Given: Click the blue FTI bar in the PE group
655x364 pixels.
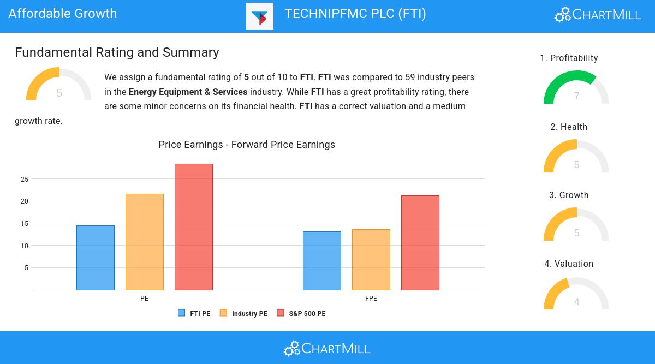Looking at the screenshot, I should pos(96,258).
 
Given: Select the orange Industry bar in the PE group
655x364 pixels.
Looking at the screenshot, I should pos(145,242).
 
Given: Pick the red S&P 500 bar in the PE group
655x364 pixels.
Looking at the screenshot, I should pos(194,227).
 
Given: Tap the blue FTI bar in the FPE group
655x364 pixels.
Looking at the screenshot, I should pos(322,261).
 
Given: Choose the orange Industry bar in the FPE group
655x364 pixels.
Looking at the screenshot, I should pos(371,260).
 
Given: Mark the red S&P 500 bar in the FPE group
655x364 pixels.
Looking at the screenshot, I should pos(420,243).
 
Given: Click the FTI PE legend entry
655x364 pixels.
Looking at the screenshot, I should pos(194,313).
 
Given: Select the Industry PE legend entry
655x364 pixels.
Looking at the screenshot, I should pos(243,313).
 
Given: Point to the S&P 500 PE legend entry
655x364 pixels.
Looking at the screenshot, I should pos(301,313).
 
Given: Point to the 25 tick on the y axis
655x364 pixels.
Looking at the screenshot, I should pos(25,179).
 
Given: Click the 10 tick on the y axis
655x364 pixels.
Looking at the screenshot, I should pos(25,246).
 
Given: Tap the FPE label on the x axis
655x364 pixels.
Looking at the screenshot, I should pos(371,299).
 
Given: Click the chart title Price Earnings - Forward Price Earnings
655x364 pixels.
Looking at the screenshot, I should pos(247,145).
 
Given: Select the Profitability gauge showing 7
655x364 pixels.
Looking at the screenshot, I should pos(576,88).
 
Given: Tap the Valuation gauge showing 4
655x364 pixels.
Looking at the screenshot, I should pos(576,295).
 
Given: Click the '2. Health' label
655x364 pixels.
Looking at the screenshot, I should pos(569,127).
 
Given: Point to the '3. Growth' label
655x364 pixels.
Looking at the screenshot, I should pos(569,195).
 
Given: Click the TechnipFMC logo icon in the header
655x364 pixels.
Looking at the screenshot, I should pos(260,16).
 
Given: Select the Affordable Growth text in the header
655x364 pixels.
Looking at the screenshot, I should pos(63,14).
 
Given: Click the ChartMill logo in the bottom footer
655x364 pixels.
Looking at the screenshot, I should pos(327,348).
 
